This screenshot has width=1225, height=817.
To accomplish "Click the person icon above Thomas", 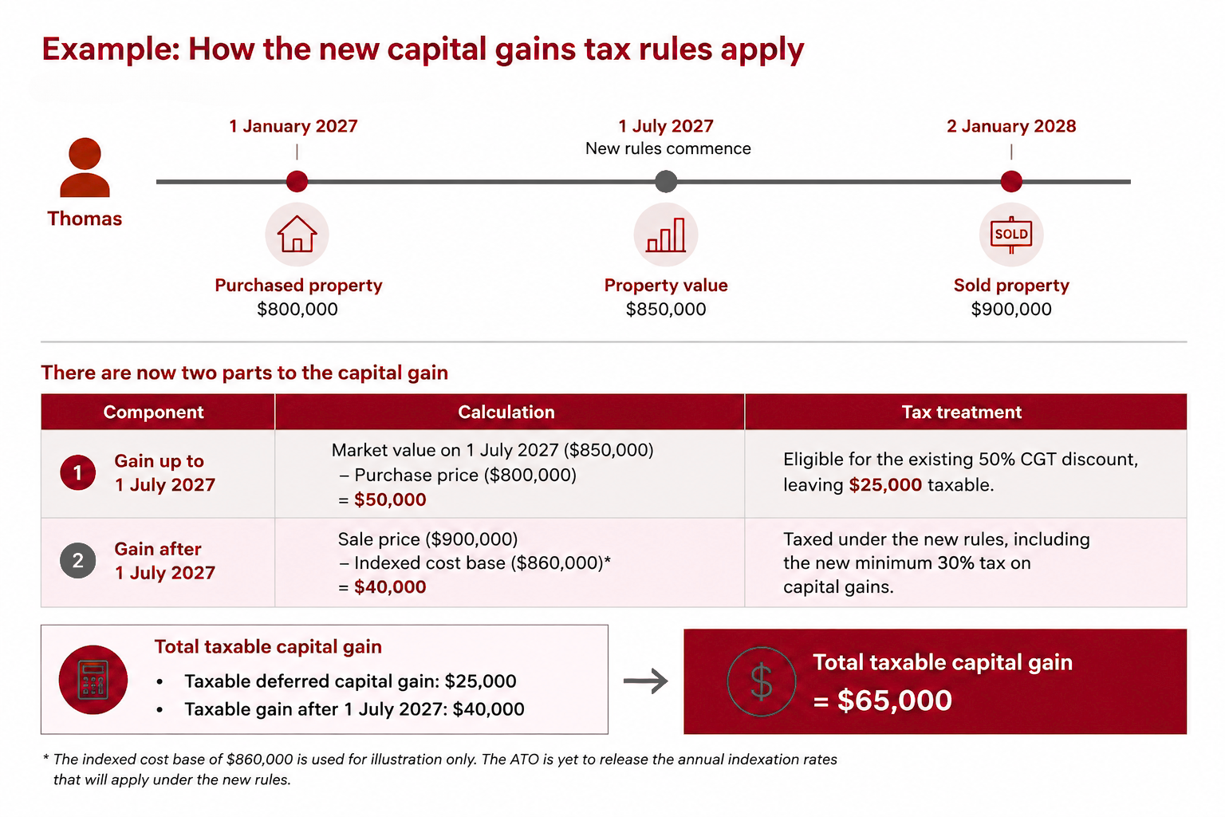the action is click(x=85, y=167).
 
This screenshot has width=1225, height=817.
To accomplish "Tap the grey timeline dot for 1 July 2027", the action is click(x=666, y=181).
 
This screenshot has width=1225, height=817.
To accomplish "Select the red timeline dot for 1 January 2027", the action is click(x=297, y=181).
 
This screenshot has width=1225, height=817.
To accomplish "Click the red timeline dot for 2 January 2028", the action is click(x=1011, y=181).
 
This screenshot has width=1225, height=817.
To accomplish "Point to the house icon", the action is click(x=297, y=235).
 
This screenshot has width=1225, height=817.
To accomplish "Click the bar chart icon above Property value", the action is click(x=666, y=235).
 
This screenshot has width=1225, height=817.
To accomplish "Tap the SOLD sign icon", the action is click(x=1011, y=235).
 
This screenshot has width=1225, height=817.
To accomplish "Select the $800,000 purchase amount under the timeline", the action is click(x=297, y=310).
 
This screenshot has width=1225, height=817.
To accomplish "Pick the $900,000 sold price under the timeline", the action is click(x=1011, y=310).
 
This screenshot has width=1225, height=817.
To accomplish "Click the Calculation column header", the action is click(x=506, y=412).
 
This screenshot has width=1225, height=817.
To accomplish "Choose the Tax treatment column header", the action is click(x=961, y=412).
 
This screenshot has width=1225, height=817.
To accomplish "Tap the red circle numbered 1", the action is click(x=77, y=472).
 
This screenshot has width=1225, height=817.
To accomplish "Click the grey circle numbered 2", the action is click(x=77, y=560).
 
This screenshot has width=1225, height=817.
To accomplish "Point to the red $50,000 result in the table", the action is click(x=390, y=499).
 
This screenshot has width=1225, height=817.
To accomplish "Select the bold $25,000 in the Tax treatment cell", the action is click(x=885, y=485).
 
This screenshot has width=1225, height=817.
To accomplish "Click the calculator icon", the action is click(x=93, y=680).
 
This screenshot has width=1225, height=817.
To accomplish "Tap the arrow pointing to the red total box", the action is click(x=646, y=681).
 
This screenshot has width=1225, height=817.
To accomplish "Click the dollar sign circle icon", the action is click(x=762, y=681).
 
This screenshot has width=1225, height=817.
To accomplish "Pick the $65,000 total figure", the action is click(x=895, y=700).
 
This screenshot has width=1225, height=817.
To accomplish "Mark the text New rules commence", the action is click(x=668, y=148).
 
